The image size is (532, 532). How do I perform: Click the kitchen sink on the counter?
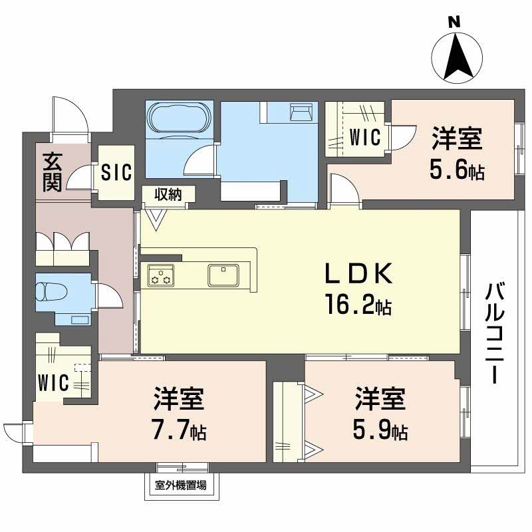coord(223,273)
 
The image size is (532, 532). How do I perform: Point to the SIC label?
coord(116,172)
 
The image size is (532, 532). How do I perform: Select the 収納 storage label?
coord(169,194)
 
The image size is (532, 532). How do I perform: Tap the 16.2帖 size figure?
coord(358,307)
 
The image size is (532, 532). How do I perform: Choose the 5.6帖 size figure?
coord(456,172)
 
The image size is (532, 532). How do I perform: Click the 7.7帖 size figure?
coord(179,433)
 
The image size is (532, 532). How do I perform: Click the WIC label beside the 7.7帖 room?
coord(54,383)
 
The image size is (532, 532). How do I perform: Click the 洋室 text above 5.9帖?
coord(380,400)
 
